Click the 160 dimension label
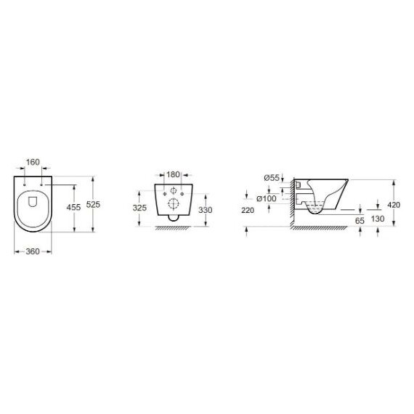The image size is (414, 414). pos(33,162)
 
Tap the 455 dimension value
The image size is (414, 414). pos(73,207)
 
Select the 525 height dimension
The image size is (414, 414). pos(93,204)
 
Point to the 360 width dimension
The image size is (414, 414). pos(33,251)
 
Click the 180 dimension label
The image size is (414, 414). pos(173,174)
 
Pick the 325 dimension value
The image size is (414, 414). pos(139,208)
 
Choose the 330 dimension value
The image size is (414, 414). pos(205,210)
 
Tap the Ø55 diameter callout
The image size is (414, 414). pos(272,178)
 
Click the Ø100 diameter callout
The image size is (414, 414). pos(267,198)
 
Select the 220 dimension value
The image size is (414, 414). pos(248,211)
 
